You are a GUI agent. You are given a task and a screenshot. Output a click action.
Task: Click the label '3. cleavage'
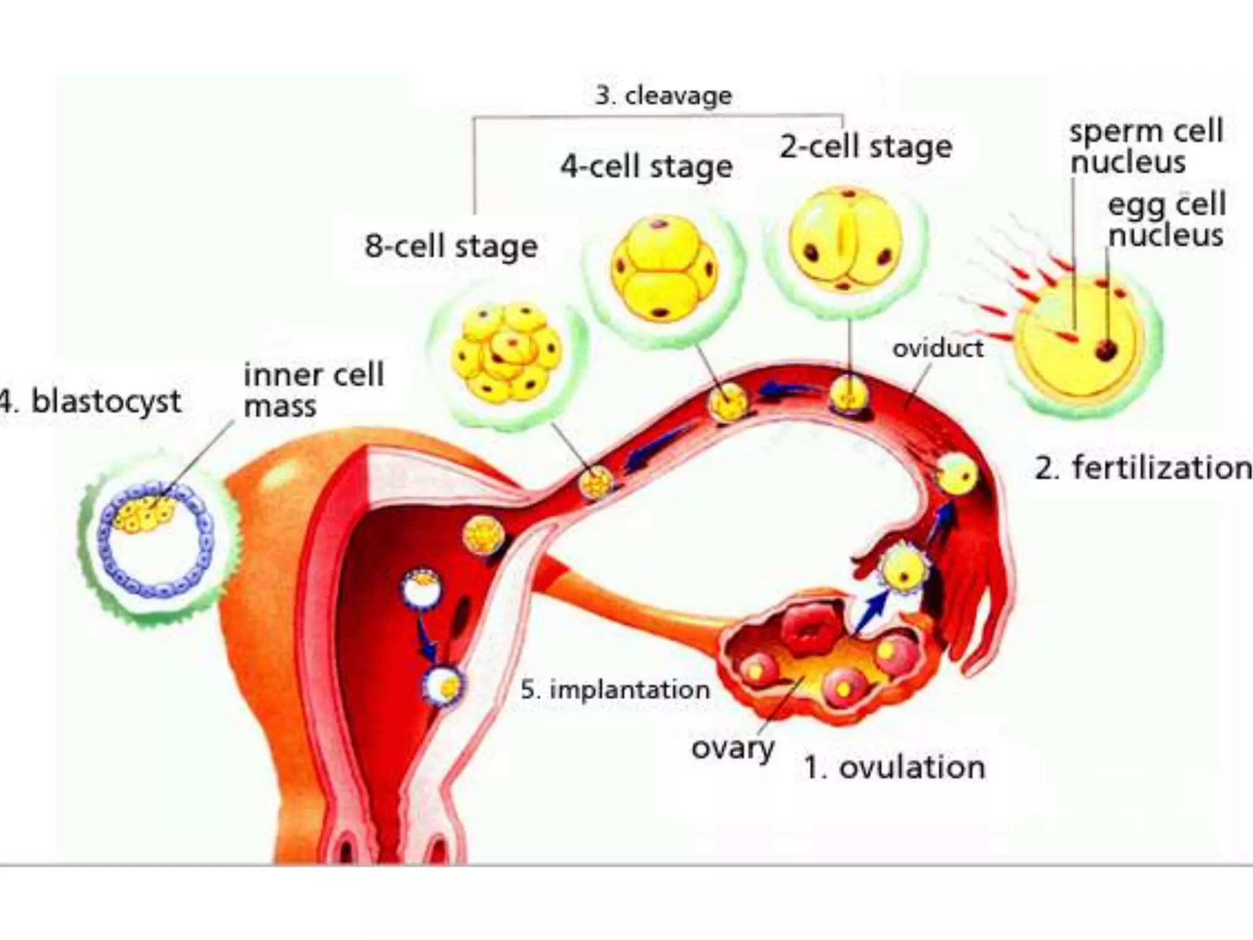663,96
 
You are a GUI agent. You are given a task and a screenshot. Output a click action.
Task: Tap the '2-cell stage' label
866,147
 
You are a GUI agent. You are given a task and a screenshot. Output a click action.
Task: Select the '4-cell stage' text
647,166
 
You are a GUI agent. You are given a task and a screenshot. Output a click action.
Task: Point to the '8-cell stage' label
451,246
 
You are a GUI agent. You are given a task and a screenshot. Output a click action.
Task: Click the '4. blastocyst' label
92,402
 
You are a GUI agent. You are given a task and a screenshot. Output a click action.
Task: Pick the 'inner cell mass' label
313,390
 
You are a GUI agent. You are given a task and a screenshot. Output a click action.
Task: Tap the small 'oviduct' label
937,349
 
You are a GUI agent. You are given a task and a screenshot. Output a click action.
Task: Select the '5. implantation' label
615,690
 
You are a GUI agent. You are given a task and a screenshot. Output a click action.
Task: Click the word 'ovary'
732,748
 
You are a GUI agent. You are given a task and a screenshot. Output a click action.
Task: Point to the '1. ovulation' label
894,767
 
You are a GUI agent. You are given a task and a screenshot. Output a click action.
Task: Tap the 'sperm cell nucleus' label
1145,147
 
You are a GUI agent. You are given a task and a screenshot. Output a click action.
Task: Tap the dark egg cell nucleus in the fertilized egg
1106,350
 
